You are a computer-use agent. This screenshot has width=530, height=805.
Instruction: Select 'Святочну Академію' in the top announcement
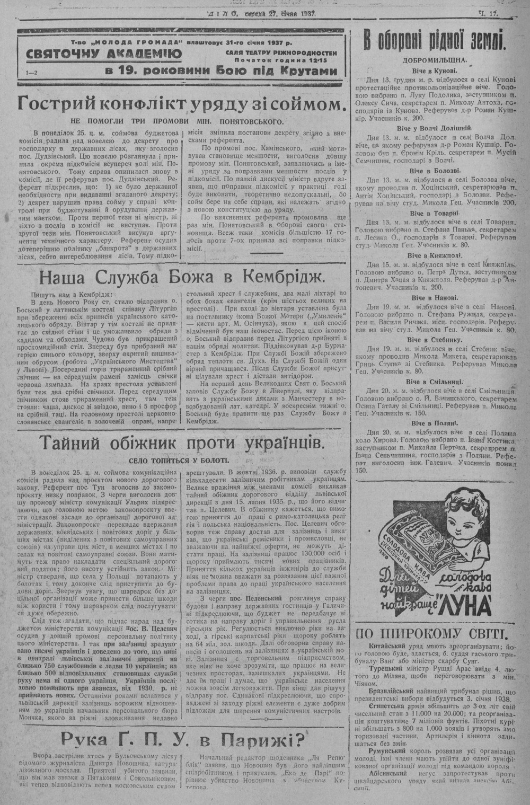click(x=105, y=54)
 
